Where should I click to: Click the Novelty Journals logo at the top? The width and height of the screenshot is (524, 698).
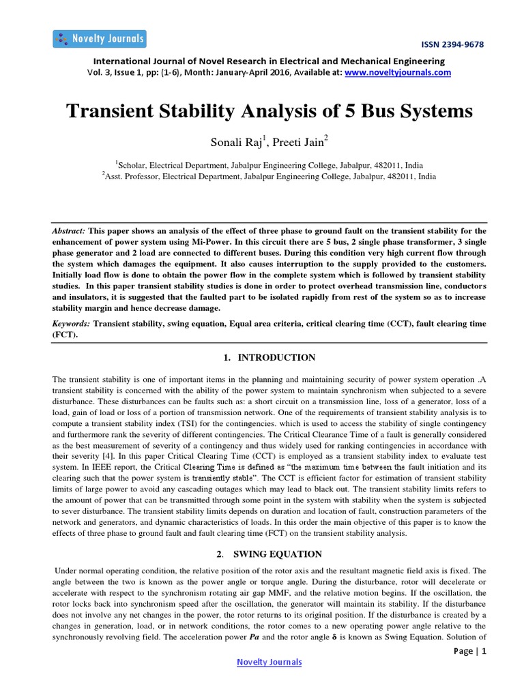[x=99, y=38]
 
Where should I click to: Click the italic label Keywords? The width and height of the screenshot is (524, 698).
[x=72, y=324]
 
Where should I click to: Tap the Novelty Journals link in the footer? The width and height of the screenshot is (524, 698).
[x=269, y=662]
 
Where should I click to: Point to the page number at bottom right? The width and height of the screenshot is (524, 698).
[x=470, y=651]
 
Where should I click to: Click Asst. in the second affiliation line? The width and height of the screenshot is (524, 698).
[x=117, y=175]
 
